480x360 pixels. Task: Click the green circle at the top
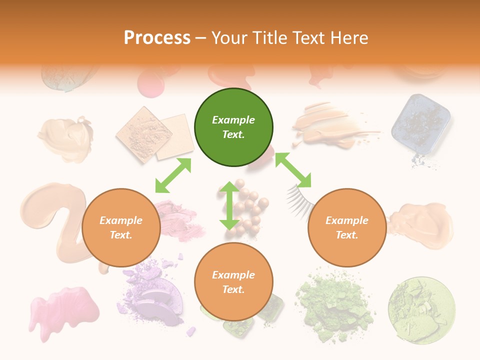(233, 127)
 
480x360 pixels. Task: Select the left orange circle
(121, 228)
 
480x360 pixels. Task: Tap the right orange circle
(347, 228)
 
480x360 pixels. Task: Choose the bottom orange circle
(233, 282)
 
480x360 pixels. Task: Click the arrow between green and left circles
(173, 175)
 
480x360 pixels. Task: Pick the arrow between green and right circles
(293, 170)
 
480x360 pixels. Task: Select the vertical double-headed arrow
(229, 206)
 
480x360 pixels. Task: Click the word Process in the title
(157, 37)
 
